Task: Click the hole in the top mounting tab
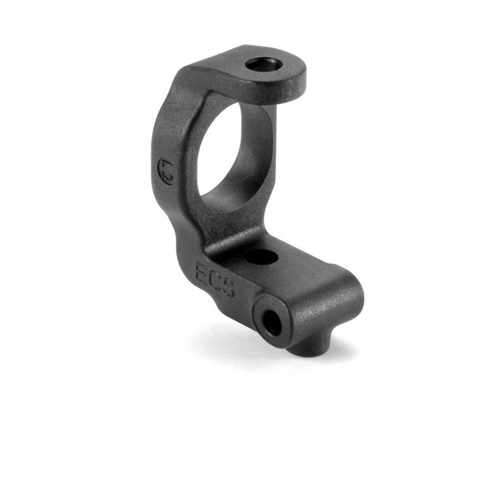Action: [264, 65]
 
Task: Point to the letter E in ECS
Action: [202, 271]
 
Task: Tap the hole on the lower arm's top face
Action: [261, 257]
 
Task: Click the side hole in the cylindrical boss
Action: [273, 322]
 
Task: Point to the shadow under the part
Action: [230, 342]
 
